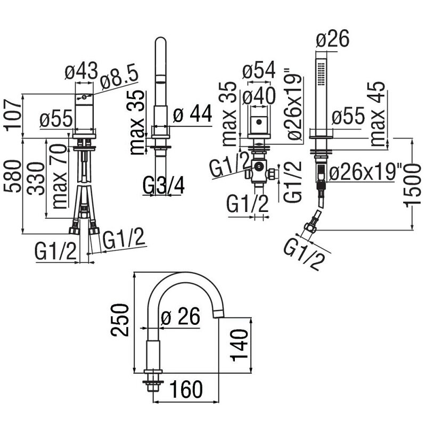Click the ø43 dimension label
tap(81, 71)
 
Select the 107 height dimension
tap(13, 115)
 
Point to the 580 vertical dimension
tap(13, 177)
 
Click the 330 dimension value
tap(36, 178)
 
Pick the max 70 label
tap(59, 176)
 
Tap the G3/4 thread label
tap(163, 185)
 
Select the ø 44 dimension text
tap(192, 113)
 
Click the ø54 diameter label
tap(259, 70)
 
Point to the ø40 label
tap(259, 96)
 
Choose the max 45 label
tap(378, 113)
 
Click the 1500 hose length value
tap(413, 185)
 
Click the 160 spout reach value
tap(186, 389)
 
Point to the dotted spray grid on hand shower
tap(321, 73)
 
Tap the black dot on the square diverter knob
tap(259, 122)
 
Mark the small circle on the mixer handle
tap(84, 97)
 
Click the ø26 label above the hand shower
tap(332, 39)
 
